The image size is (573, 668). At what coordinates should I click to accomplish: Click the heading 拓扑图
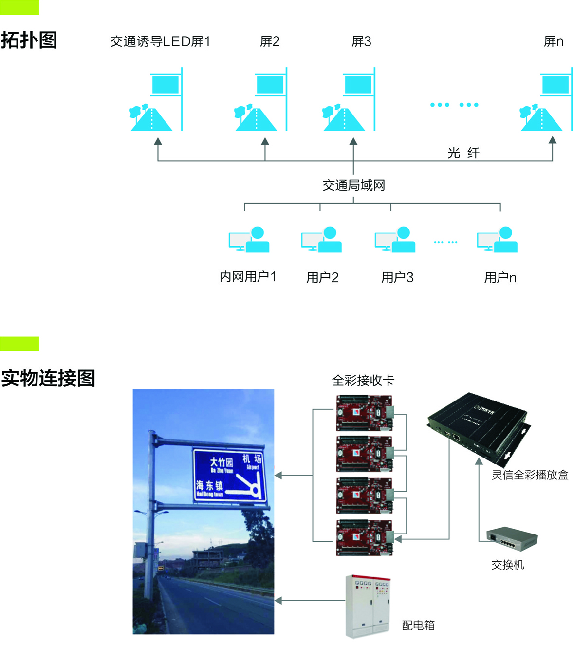coord(29,40)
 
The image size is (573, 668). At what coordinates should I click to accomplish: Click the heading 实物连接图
coord(48,379)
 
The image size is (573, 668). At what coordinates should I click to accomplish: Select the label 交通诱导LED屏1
coord(160,42)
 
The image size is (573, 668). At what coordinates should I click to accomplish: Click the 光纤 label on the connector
coord(463,153)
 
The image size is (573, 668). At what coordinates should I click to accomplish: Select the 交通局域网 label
coord(354,185)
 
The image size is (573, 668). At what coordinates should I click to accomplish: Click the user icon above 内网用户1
coord(249,240)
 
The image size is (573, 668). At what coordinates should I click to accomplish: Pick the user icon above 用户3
coord(395,240)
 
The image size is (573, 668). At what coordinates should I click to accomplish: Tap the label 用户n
coord(500,278)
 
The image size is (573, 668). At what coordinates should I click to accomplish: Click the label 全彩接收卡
coord(363,381)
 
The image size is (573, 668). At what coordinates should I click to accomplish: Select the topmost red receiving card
coord(364,413)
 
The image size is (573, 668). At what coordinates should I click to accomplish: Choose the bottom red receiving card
coord(364,537)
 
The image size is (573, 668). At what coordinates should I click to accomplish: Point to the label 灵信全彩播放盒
coord(530,475)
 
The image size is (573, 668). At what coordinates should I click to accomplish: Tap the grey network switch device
coord(512,538)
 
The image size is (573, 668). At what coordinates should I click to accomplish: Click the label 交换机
coord(508,565)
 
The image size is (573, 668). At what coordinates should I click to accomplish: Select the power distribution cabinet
coord(368,606)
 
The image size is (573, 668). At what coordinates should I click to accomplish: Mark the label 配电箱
coord(418,626)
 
